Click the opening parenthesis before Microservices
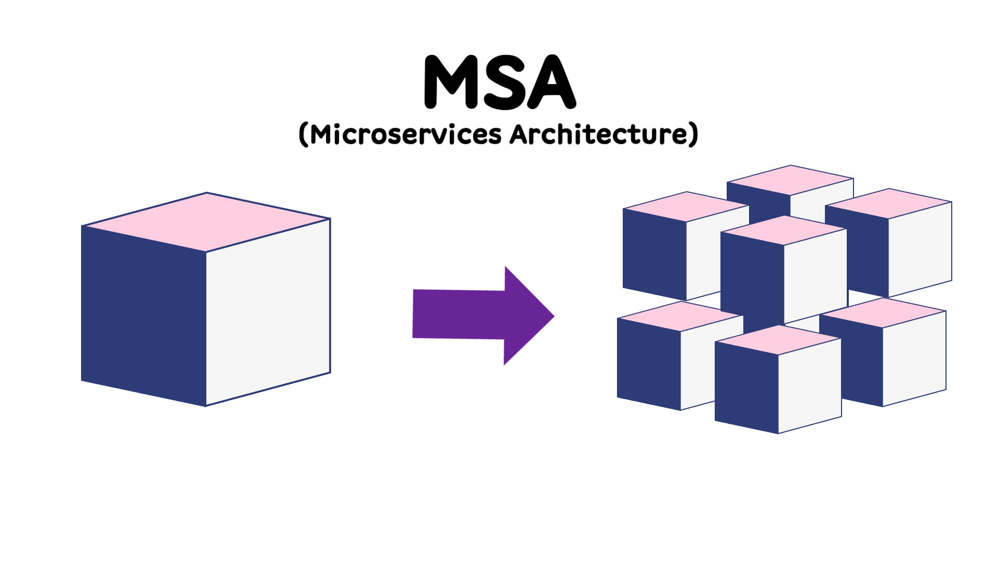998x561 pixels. pyautogui.click(x=304, y=135)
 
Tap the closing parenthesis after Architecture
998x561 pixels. pyautogui.click(x=693, y=135)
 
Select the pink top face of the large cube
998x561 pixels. pyautogui.click(x=206, y=222)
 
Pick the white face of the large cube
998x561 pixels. pyautogui.click(x=268, y=312)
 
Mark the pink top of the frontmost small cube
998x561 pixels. pyautogui.click(x=778, y=340)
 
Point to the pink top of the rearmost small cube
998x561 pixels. pyautogui.click(x=790, y=180)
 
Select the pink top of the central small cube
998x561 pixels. pyautogui.click(x=784, y=230)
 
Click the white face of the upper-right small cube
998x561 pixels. pyautogui.click(x=920, y=249)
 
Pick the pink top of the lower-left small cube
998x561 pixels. pyautogui.click(x=680, y=316)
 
